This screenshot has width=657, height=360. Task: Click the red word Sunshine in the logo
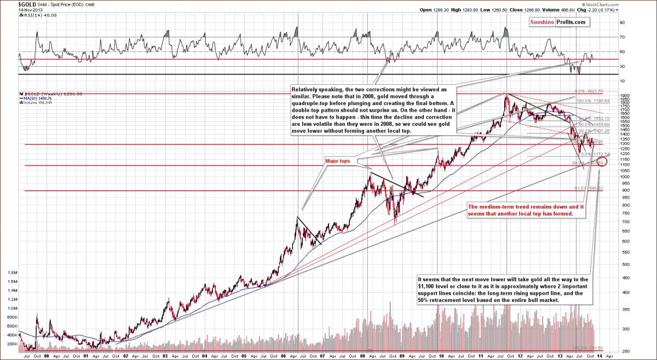pos(541,22)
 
